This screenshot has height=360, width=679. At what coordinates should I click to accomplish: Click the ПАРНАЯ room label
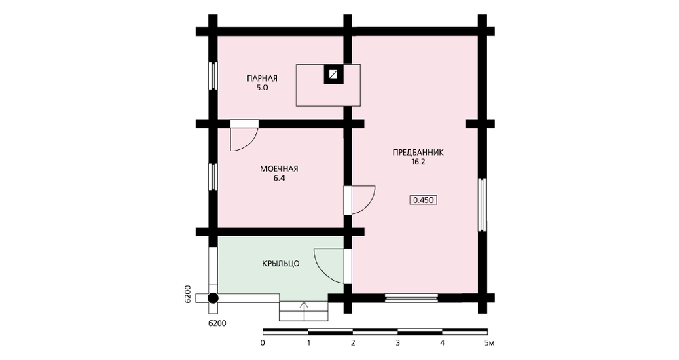point(262,78)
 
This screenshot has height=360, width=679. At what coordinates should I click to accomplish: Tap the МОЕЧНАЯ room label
point(279,169)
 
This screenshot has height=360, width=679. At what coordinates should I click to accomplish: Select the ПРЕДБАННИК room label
point(418,153)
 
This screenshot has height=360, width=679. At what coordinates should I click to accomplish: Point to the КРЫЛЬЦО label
point(281,264)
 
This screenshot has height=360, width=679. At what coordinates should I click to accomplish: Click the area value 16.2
point(418,162)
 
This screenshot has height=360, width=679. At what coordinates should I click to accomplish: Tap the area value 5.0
point(262,88)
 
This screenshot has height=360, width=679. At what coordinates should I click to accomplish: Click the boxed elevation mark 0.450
point(423,200)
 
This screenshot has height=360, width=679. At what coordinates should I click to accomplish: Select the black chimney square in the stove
point(333,74)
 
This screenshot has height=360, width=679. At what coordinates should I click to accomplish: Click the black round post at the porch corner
point(213,298)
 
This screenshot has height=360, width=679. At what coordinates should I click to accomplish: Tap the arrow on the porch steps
point(304,310)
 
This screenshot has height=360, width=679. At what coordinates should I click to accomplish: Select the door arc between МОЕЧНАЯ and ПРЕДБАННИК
point(369,206)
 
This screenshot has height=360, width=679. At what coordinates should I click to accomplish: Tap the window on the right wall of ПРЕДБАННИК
point(482,204)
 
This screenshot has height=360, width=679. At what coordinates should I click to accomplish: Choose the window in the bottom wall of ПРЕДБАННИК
point(411,298)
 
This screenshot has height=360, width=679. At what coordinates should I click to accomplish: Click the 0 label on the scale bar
point(263,343)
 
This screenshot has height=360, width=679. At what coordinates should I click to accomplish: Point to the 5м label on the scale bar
point(489,343)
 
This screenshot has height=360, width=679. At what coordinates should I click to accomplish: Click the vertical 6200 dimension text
point(188,294)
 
